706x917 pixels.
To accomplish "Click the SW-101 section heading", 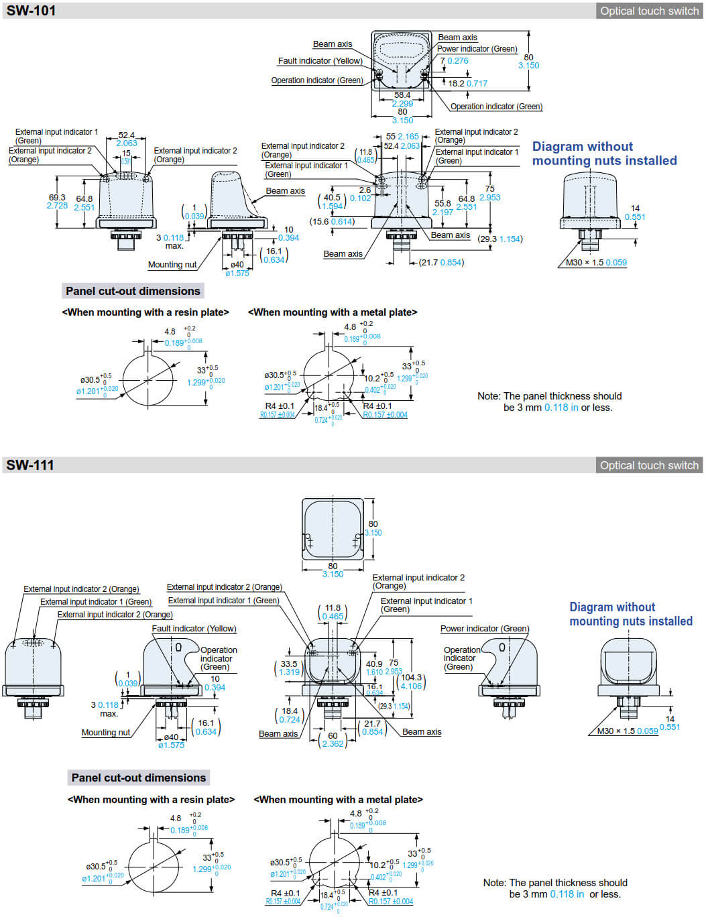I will pyautogui.click(x=32, y=11).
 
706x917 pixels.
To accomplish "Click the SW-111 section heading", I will pyautogui.click(x=30, y=465).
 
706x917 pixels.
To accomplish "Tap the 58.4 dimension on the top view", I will pyautogui.click(x=402, y=95).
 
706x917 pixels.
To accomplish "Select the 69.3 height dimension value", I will pyautogui.click(x=57, y=198).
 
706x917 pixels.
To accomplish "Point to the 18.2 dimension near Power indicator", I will pyautogui.click(x=456, y=84).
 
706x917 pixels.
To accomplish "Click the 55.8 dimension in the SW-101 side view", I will pyautogui.click(x=443, y=204).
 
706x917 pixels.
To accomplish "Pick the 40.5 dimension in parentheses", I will pyautogui.click(x=332, y=198).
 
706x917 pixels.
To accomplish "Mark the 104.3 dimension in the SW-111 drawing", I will pyautogui.click(x=412, y=678).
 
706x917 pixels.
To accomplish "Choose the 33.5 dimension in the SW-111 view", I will pyautogui.click(x=289, y=664).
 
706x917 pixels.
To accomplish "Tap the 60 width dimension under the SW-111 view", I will pyautogui.click(x=333, y=735).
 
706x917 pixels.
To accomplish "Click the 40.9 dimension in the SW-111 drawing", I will pyautogui.click(x=374, y=664).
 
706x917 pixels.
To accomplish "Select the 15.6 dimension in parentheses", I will pyautogui.click(x=320, y=222).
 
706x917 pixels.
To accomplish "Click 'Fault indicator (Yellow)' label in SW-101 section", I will pyautogui.click(x=320, y=61).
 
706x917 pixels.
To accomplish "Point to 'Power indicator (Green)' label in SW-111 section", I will pyautogui.click(x=484, y=629).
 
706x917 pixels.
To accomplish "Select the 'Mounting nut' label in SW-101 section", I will pyautogui.click(x=172, y=265).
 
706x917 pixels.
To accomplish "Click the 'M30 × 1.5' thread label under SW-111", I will pyautogui.click(x=615, y=731).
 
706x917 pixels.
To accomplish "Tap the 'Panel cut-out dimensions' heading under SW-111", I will pyautogui.click(x=139, y=778).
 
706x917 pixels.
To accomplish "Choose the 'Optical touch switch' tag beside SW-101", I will pyautogui.click(x=649, y=11).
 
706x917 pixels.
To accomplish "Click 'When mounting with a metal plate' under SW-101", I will pyautogui.click(x=333, y=312).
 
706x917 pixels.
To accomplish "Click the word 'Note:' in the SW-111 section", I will pyautogui.click(x=495, y=883).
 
